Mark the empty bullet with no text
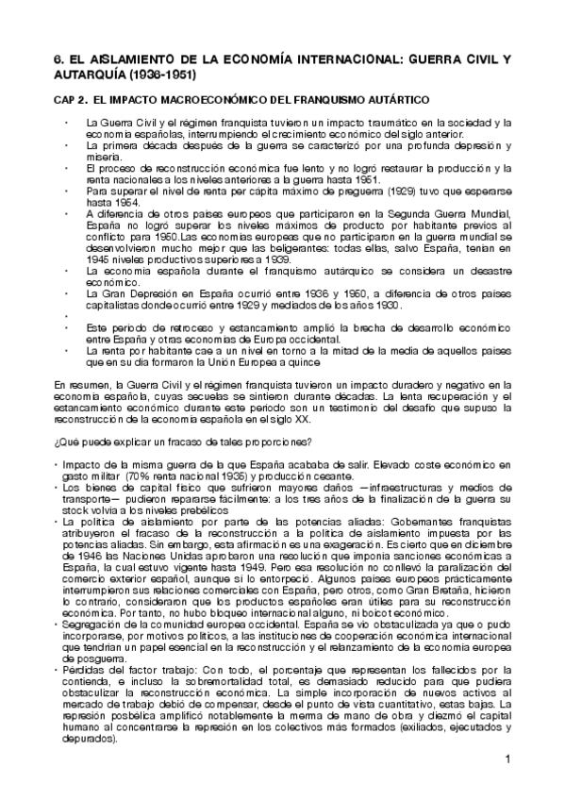click(66, 314)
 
